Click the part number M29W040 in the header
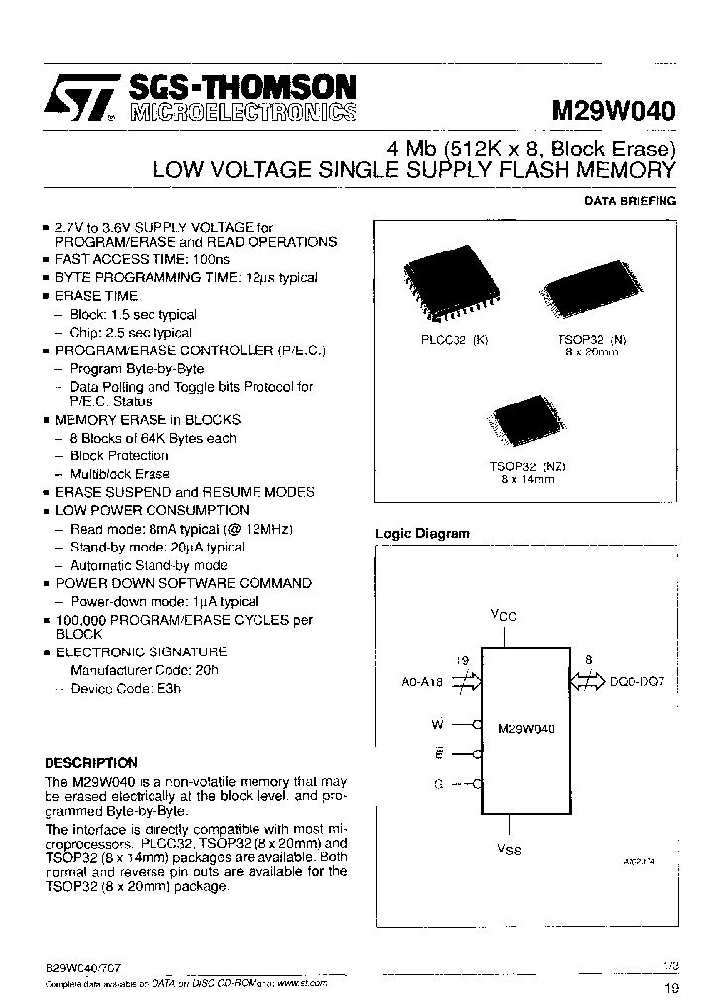click(614, 112)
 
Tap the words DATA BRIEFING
click(630, 201)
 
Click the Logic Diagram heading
click(422, 534)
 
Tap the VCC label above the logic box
click(504, 616)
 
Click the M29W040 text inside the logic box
click(526, 727)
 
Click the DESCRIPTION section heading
click(91, 763)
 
